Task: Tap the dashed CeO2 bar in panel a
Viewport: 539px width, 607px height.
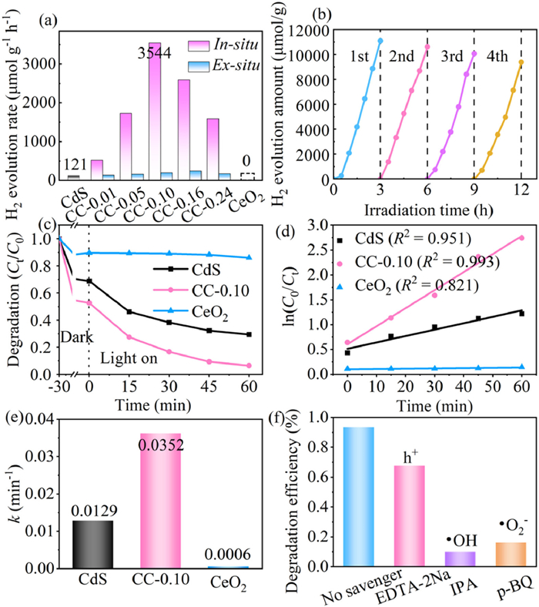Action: (247, 176)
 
